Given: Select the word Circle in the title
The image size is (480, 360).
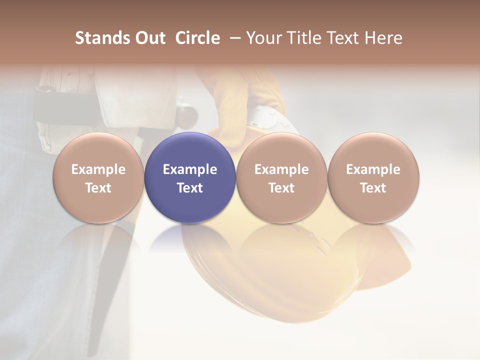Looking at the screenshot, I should click(197, 38).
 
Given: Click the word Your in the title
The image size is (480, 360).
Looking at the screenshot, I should click(264, 38).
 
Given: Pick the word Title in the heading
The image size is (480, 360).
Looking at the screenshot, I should click(302, 38).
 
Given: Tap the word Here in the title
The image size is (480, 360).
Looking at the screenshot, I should click(382, 38).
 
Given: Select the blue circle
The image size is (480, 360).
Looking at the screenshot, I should click(190, 150).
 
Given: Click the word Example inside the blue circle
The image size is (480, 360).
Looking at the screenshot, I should click(190, 169).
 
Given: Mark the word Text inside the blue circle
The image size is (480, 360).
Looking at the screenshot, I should click(190, 188).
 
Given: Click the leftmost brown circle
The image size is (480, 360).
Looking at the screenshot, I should click(98, 150).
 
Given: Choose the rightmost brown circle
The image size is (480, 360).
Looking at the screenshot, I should click(373, 150).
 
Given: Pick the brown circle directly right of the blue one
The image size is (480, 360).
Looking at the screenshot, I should click(281, 150).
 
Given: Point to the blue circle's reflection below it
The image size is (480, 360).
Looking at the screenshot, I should click(190, 237).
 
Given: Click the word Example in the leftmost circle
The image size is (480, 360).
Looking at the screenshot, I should click(98, 169).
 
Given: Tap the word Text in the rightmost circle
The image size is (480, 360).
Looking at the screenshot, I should click(373, 188).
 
